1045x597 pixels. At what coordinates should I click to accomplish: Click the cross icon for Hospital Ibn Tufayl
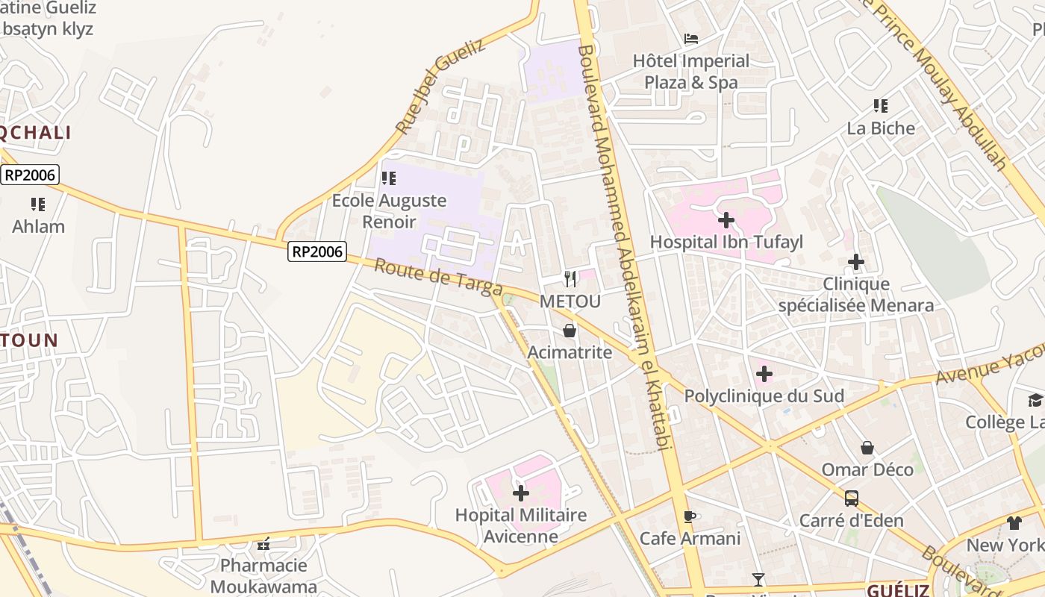coord(726,220)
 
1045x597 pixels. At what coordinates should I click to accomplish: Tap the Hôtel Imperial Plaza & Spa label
coord(691,72)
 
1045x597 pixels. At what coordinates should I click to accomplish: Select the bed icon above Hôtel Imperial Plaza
coord(691,39)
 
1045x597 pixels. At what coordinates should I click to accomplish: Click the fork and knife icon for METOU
coord(570,279)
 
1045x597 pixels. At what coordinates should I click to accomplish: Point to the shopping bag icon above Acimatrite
coord(570,331)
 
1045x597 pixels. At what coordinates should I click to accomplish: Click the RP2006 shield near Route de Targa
coord(317,252)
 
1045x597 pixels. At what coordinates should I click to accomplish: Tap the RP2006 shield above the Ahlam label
coord(29,175)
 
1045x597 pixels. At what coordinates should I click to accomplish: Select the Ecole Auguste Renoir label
coord(389,211)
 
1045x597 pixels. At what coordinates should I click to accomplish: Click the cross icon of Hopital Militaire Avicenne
coord(521,493)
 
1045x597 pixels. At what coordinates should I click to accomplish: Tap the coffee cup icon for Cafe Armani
coord(690,516)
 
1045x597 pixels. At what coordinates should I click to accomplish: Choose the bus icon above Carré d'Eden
coord(851,498)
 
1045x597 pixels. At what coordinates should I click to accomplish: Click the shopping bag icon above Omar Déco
coord(867,448)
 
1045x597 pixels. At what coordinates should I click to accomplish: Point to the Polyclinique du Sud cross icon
coord(764,374)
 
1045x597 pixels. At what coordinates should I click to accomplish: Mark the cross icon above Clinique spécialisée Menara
coord(856,262)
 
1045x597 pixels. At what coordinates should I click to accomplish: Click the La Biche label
coord(881,128)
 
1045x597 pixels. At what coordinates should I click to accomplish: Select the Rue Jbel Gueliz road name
coord(440,87)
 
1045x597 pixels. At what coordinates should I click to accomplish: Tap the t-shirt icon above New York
coord(1014,523)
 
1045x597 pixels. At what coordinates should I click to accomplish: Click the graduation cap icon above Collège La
coord(1035,400)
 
